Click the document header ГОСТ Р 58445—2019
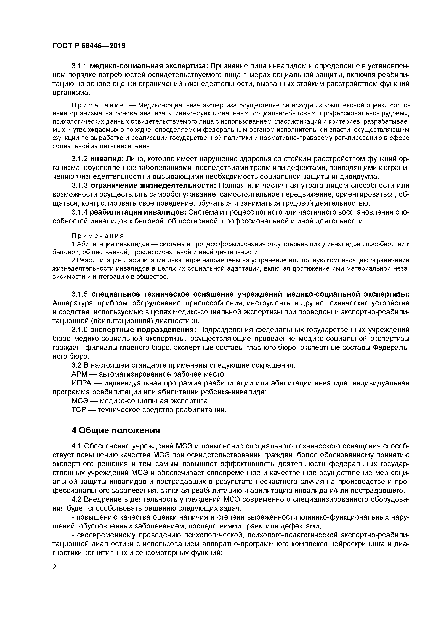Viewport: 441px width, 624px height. [x=89, y=46]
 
